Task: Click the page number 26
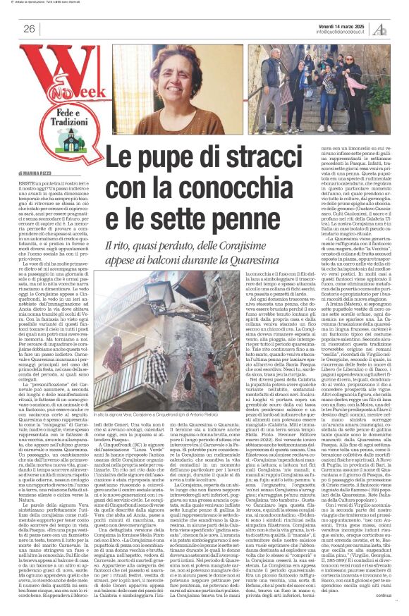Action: [x=29, y=29]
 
